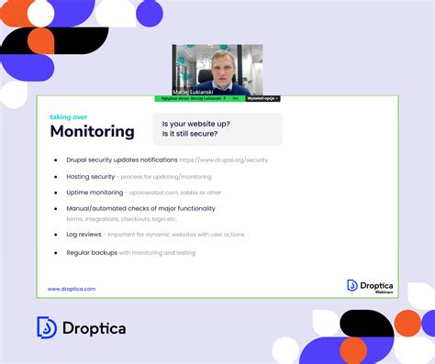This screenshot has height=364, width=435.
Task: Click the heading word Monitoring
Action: click(92, 131)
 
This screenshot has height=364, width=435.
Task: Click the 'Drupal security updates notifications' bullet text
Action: click(120, 160)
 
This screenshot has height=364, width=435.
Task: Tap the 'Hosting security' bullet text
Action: click(91, 176)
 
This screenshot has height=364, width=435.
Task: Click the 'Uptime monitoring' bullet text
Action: click(95, 193)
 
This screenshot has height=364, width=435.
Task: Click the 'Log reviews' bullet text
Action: click(84, 235)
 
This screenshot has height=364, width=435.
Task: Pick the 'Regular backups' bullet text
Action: click(91, 251)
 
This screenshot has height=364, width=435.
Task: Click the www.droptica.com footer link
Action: click(72, 288)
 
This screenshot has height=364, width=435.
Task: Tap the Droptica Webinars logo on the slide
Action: click(371, 285)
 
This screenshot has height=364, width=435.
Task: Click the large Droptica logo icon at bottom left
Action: click(47, 327)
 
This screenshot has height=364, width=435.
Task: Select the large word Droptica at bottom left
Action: click(94, 327)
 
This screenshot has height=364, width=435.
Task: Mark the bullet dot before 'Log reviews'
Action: click(56, 235)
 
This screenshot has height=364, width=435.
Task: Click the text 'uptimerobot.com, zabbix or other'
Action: click(175, 193)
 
